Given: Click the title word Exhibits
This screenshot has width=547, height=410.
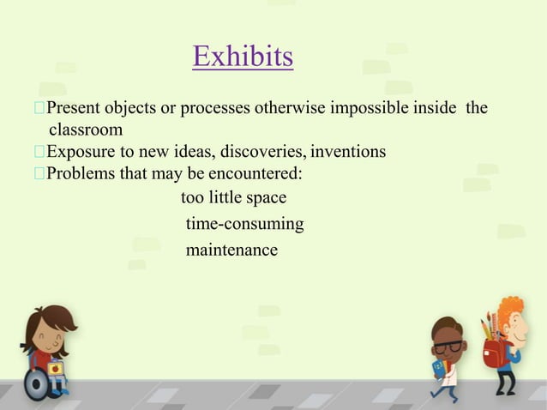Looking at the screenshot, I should coord(243,57).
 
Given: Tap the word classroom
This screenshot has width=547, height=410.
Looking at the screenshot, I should coord(85,130).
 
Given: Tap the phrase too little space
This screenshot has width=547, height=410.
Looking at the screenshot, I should coord(233,198).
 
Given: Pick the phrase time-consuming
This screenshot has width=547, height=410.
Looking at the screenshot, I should coord(244,225).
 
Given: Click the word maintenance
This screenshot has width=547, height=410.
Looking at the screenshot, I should coord(231,250).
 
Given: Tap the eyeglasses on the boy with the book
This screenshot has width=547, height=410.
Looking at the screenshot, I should coord(448,347).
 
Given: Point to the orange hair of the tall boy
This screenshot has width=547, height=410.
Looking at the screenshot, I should coord(511,309).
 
